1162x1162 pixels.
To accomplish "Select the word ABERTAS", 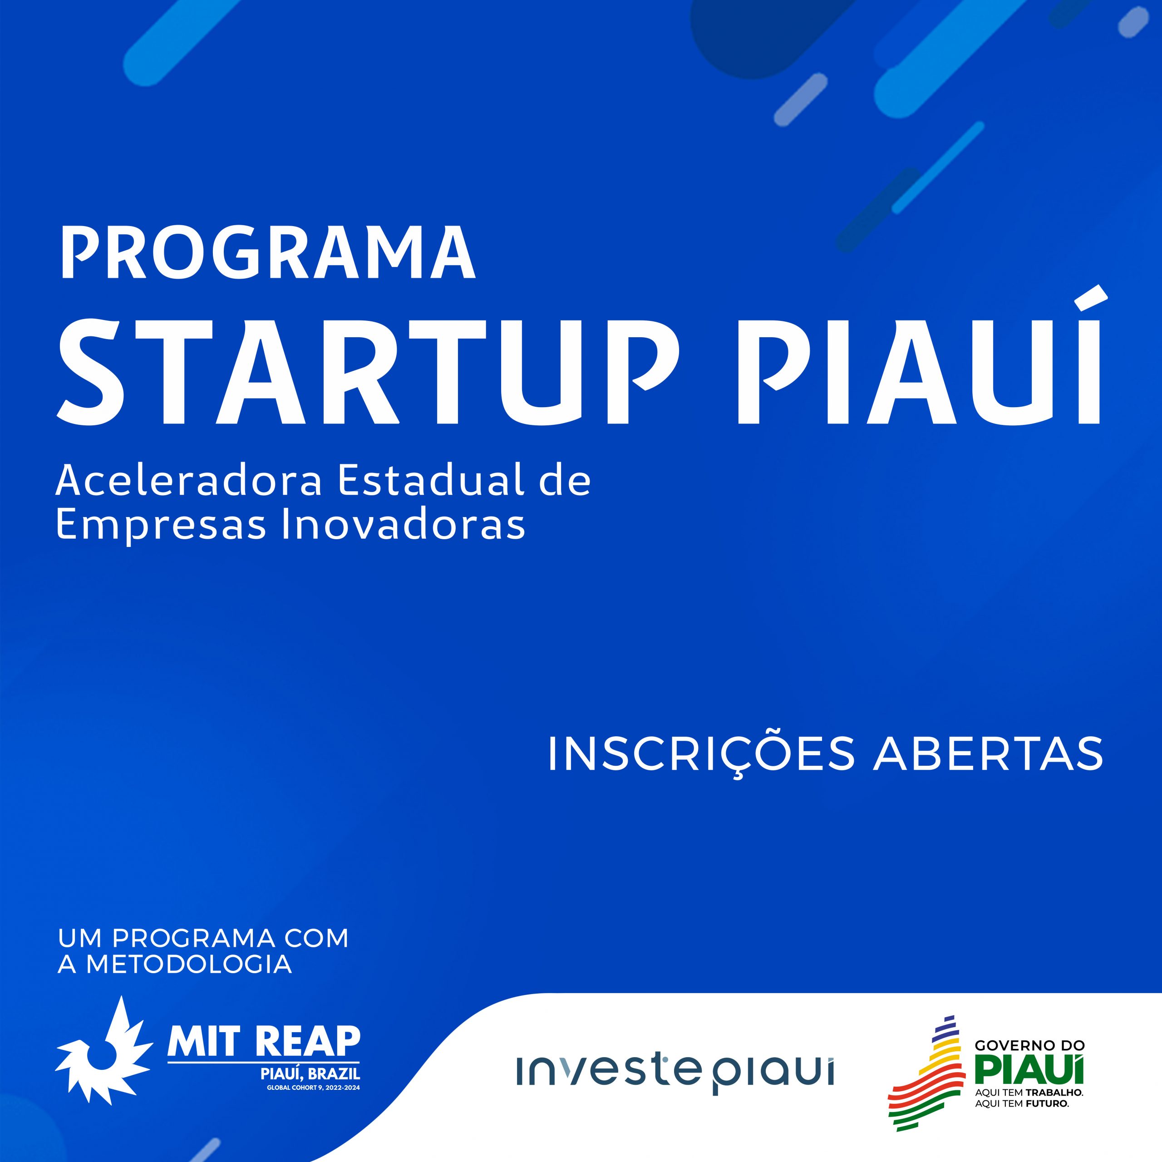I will coord(988,753).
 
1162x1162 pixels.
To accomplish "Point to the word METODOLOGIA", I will coord(189,964).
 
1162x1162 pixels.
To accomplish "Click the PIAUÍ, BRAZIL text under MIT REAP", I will coord(310,1073).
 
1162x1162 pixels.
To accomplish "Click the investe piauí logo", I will coord(675,1071).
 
